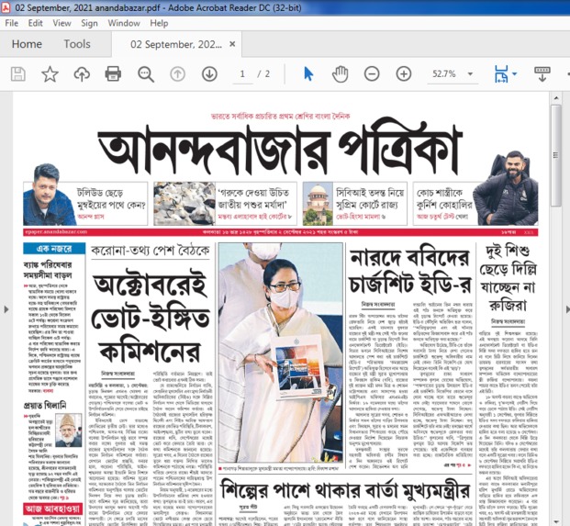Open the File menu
pyautogui.click(x=11, y=22)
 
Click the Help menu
pyautogui.click(x=160, y=22)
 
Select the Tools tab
pyautogui.click(x=77, y=44)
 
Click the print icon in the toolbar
pyautogui.click(x=113, y=73)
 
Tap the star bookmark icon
pyautogui.click(x=50, y=73)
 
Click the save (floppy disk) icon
pyautogui.click(x=18, y=73)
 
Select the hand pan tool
pyautogui.click(x=340, y=73)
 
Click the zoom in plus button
pyautogui.click(x=404, y=73)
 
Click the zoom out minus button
pyautogui.click(x=372, y=73)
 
